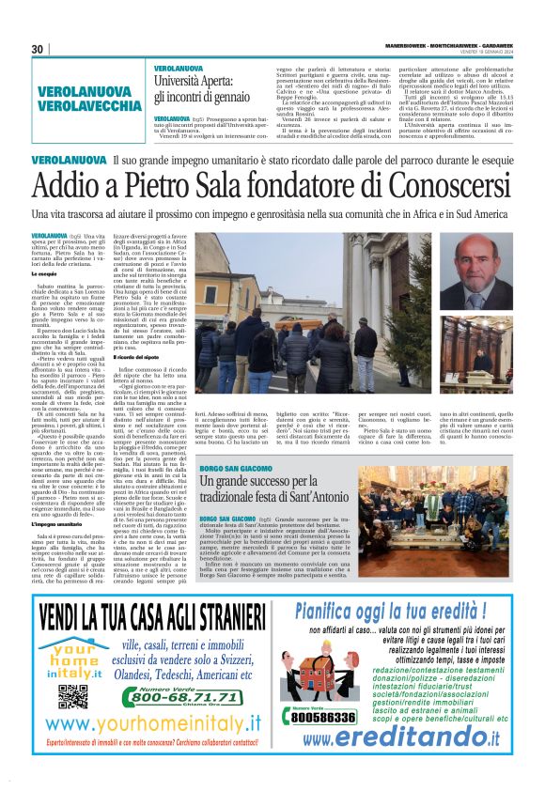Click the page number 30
tap(38, 49)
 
